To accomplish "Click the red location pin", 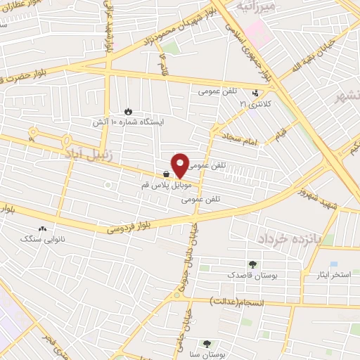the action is (180, 165).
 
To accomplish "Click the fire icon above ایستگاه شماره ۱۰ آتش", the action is (128, 110).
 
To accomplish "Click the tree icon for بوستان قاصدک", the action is (252, 264).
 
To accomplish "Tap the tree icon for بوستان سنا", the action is (207, 344).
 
